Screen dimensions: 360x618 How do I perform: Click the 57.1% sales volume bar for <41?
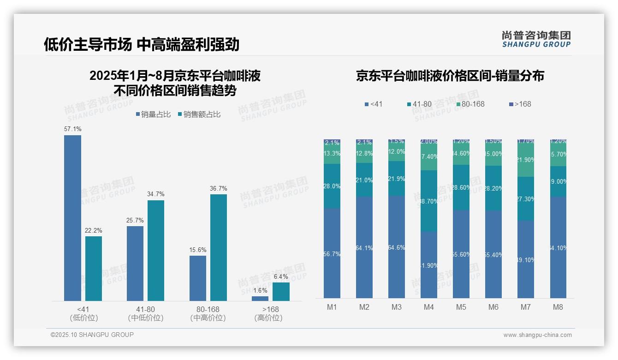pyautogui.click(x=72, y=218)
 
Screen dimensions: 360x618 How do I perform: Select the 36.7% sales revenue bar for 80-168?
pyautogui.click(x=219, y=247)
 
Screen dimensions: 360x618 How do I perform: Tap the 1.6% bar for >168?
pyautogui.click(x=260, y=299)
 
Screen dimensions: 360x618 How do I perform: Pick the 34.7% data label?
pyautogui.click(x=156, y=194)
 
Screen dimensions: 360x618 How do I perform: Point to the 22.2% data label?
pyautogui.click(x=94, y=230)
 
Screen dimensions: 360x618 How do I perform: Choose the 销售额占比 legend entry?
pyautogui.click(x=199, y=114)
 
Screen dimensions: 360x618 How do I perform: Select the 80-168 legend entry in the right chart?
pyautogui.click(x=470, y=104)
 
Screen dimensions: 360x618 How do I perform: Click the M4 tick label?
pyautogui.click(x=429, y=307)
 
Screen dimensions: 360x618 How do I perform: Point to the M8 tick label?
pyautogui.click(x=558, y=307)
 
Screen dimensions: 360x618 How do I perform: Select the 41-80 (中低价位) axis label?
pyautogui.click(x=146, y=313)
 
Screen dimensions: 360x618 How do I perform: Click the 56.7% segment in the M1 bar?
pyautogui.click(x=332, y=253)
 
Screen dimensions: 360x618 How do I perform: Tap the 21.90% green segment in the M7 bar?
pyautogui.click(x=526, y=160)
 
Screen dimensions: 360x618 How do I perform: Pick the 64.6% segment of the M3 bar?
pyautogui.click(x=397, y=247)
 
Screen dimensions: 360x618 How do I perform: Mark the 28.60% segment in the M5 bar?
pyautogui.click(x=461, y=187)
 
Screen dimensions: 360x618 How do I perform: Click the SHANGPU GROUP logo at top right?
pyautogui.click(x=536, y=39)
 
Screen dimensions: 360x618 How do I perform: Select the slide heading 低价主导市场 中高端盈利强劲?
pyautogui.click(x=142, y=44)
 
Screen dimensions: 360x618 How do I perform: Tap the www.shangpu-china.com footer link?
pyautogui.click(x=537, y=335)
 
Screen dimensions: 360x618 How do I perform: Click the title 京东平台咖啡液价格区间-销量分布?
pyautogui.click(x=450, y=76)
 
